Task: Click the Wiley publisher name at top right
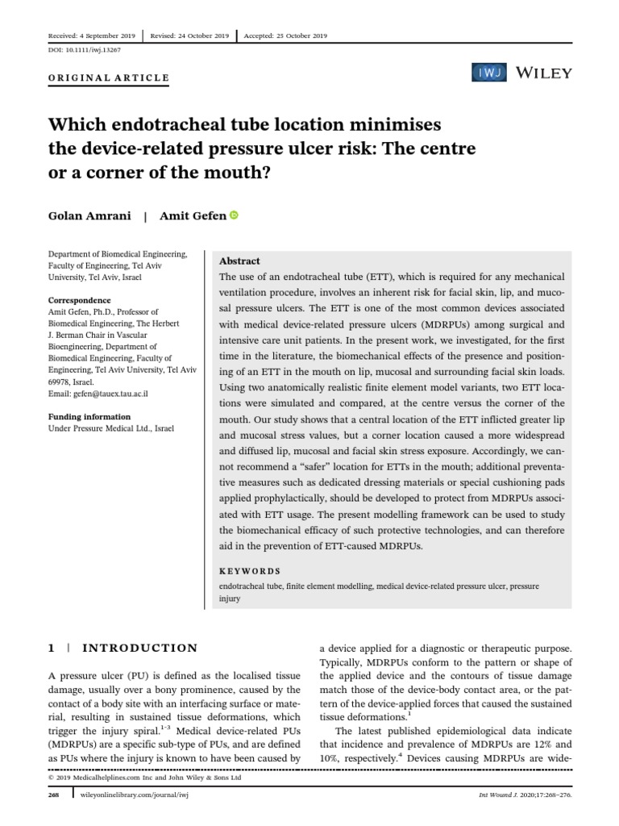tap(544, 73)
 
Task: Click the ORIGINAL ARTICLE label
tap(109, 78)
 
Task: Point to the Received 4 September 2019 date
tap(91, 36)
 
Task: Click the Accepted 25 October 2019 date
tap(286, 36)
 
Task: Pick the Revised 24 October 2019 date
tap(189, 36)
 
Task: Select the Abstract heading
tap(239, 261)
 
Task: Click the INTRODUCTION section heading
tap(141, 648)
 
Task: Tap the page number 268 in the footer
tap(55, 817)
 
